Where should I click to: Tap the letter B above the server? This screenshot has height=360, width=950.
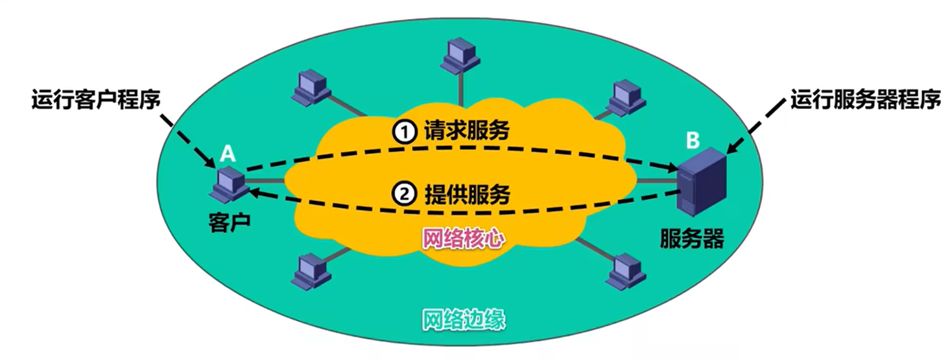click(x=693, y=139)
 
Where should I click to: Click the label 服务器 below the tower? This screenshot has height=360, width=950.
click(x=692, y=239)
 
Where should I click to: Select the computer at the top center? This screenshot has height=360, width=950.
click(x=460, y=54)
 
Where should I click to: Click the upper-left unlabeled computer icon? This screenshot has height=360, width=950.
click(x=311, y=88)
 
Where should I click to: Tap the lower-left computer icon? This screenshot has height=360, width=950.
click(x=312, y=270)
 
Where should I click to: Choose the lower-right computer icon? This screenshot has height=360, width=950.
click(x=626, y=270)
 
